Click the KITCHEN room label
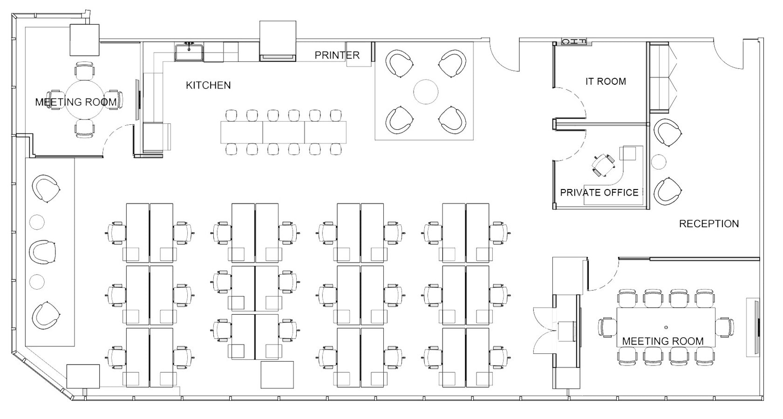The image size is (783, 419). (208, 85)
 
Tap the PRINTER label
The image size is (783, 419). (337, 55)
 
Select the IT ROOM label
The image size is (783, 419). (606, 81)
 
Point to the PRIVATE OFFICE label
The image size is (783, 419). (599, 193)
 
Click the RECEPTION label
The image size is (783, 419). (709, 223)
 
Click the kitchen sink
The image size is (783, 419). (189, 52)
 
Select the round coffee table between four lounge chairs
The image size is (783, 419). (425, 92)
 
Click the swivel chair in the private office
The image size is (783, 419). (604, 165)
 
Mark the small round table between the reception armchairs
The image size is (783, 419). (659, 162)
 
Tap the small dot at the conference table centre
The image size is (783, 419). (666, 327)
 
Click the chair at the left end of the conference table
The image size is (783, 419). (607, 327)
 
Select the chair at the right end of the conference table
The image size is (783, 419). (724, 327)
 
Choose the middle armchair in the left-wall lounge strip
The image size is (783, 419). (43, 251)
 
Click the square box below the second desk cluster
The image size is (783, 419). (277, 375)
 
